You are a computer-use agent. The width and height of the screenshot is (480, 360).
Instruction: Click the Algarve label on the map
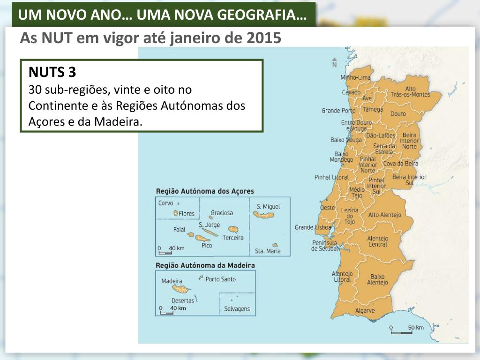point(365,310)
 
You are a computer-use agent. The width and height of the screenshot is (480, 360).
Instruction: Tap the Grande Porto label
point(338,111)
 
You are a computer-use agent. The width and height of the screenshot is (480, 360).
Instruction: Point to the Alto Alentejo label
point(384,215)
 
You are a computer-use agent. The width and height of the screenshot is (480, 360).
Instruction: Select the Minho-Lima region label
point(355,77)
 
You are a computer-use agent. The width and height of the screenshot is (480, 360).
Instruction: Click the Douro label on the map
point(398,113)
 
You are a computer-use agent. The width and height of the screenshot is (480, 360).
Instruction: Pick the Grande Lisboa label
point(313,227)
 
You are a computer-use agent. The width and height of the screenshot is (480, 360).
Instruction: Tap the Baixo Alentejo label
point(377,279)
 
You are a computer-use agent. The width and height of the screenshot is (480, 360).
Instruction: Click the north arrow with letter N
point(334,63)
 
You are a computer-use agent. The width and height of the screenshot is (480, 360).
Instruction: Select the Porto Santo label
point(220,279)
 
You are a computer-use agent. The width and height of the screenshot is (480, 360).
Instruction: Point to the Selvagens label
point(237,309)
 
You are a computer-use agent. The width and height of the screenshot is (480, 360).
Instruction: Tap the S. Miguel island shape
point(263,215)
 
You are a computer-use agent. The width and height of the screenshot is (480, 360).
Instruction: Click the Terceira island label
point(233,238)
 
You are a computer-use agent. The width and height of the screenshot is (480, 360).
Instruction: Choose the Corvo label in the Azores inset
point(165,203)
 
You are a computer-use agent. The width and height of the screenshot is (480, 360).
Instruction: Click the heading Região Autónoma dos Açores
point(204,191)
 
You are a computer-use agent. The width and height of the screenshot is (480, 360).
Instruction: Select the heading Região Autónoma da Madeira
point(205,265)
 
